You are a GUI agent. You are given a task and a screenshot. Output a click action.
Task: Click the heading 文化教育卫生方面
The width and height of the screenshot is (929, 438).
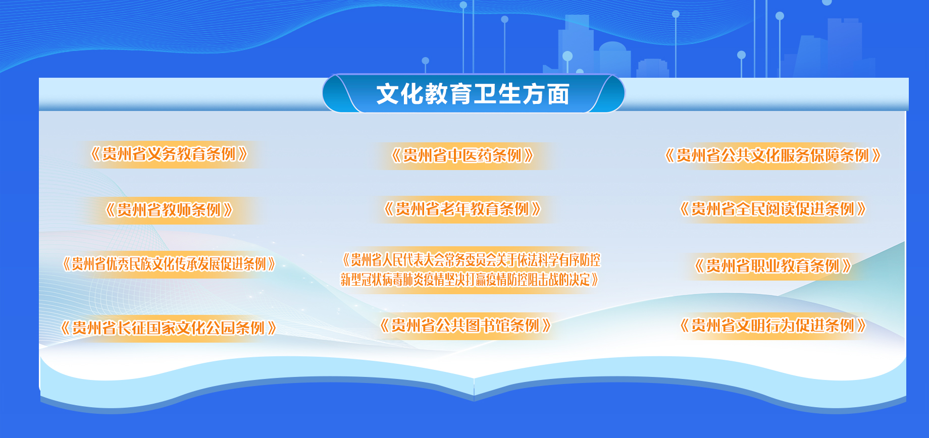click(x=473, y=94)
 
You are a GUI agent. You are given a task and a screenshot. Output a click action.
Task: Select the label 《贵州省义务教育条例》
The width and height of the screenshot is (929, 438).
click(x=169, y=154)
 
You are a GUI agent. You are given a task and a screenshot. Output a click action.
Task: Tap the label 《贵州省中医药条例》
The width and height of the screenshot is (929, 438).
click(x=462, y=155)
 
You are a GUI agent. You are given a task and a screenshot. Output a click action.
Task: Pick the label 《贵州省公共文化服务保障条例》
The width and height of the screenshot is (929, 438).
click(x=772, y=155)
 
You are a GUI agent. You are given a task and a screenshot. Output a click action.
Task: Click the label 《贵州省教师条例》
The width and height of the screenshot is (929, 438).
click(x=169, y=209)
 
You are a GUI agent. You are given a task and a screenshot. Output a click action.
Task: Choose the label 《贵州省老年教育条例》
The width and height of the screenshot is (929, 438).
click(x=462, y=208)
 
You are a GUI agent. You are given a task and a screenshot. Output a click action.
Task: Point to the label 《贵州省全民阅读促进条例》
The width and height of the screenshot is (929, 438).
click(x=772, y=208)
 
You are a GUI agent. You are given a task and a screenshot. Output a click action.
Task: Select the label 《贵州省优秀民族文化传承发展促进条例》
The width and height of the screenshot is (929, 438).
click(x=169, y=263)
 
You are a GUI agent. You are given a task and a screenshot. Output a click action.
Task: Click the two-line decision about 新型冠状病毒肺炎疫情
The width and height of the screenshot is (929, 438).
click(x=471, y=269)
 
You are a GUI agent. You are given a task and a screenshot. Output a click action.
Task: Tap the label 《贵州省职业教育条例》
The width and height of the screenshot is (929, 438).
click(x=772, y=265)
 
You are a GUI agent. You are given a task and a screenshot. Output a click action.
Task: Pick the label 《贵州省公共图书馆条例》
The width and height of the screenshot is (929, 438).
click(x=465, y=325)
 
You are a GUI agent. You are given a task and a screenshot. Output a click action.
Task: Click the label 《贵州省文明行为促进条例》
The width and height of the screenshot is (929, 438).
click(x=772, y=325)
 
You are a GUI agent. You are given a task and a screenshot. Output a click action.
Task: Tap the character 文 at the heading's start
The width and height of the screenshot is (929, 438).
click(x=388, y=94)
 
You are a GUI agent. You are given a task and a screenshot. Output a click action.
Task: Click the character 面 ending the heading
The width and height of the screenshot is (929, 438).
click(x=558, y=94)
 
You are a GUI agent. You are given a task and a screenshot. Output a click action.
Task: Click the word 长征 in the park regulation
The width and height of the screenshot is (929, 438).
click(x=132, y=328)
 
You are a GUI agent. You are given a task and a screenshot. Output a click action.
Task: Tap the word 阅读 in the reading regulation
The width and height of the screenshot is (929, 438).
click(x=780, y=208)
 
